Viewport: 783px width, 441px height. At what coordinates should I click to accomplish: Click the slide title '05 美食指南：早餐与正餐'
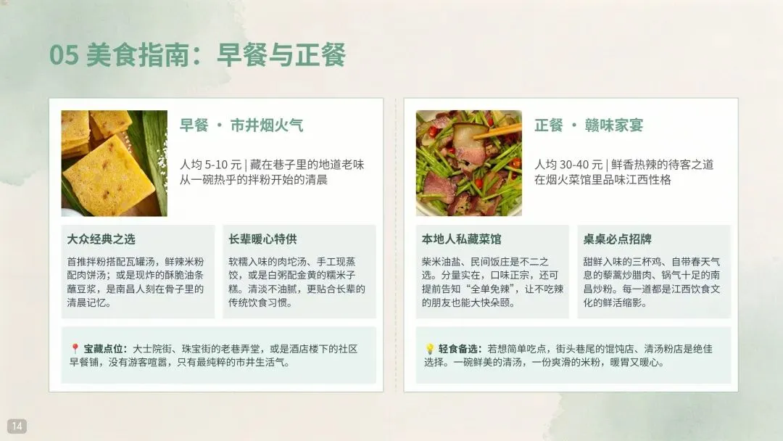pyautogui.click(x=197, y=54)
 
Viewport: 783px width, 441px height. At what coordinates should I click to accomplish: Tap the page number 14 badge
pyautogui.click(x=17, y=426)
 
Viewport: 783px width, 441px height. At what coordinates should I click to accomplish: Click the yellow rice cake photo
pyautogui.click(x=115, y=163)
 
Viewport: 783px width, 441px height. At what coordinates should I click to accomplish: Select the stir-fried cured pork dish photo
pyautogui.click(x=469, y=163)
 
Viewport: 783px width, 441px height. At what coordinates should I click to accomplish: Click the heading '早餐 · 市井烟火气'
pyautogui.click(x=241, y=125)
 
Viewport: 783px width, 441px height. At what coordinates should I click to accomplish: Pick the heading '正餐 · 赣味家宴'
pyautogui.click(x=589, y=125)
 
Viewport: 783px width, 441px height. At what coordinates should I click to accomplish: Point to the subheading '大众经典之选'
pyautogui.click(x=101, y=239)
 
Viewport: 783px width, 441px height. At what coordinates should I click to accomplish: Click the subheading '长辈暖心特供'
pyautogui.click(x=262, y=239)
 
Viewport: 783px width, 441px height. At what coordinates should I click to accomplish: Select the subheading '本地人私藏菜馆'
pyautogui.click(x=461, y=239)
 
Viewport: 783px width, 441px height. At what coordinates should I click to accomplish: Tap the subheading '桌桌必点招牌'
pyautogui.click(x=617, y=239)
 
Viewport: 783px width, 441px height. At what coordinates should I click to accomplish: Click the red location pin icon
pyautogui.click(x=75, y=349)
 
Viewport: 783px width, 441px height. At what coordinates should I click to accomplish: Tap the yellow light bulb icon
pyautogui.click(x=429, y=349)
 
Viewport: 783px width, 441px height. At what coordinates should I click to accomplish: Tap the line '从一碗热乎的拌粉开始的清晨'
pyautogui.click(x=254, y=180)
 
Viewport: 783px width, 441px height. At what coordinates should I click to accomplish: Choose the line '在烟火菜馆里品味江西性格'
pyautogui.click(x=602, y=180)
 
